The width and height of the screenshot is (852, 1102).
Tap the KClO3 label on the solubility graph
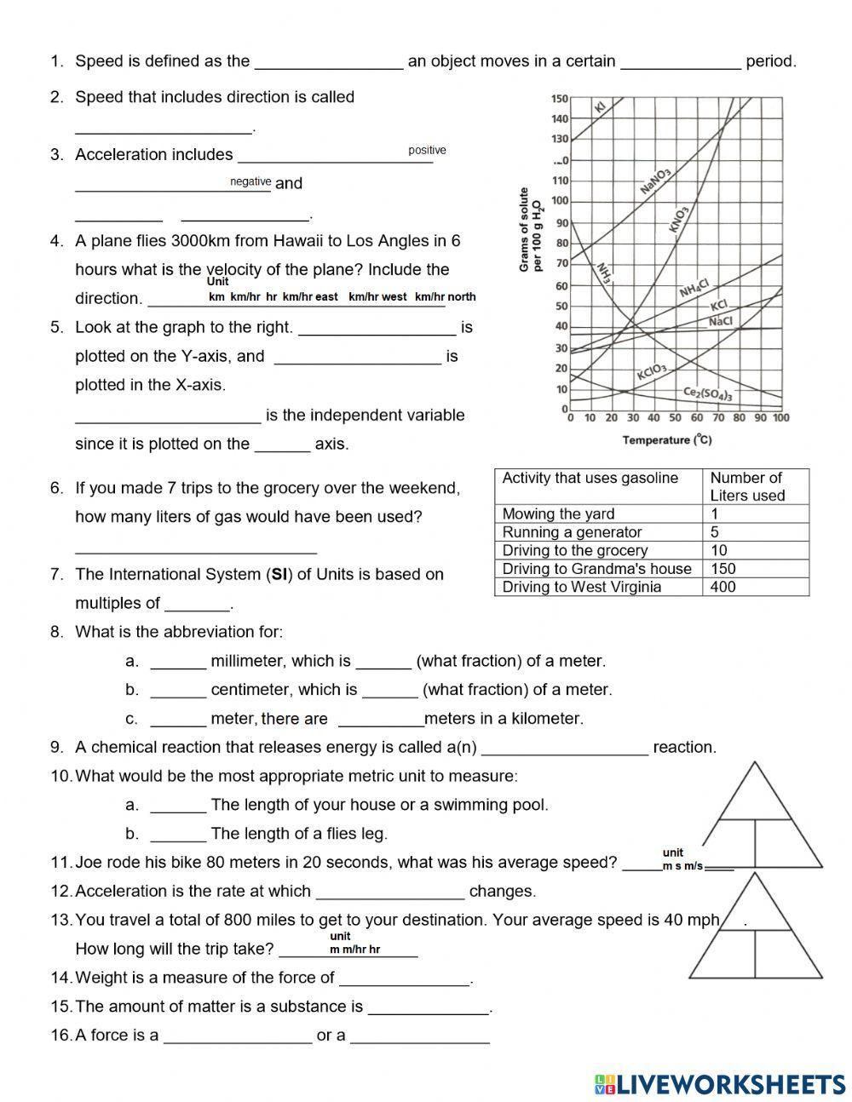pos(652,372)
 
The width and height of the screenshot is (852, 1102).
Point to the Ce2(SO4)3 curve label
pos(708,393)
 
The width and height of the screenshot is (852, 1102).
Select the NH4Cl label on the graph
pos(694,288)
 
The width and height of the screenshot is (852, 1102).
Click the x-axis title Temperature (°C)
pos(667,439)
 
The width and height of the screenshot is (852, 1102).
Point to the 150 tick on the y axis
pos(559,99)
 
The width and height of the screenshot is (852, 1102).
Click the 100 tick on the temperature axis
pos(780,418)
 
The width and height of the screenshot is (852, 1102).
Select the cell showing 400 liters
pos(722,587)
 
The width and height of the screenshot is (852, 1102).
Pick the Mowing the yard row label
pos(558,514)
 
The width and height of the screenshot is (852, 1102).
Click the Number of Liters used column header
pos(746,486)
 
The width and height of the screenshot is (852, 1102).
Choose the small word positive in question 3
pos(427,151)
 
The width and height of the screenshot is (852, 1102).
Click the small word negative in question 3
pos(250,181)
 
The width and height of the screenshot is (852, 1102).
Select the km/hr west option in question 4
pos(377,297)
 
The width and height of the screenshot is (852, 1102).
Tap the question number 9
pos(57,748)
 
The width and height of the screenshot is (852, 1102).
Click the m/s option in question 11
pos(694,866)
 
